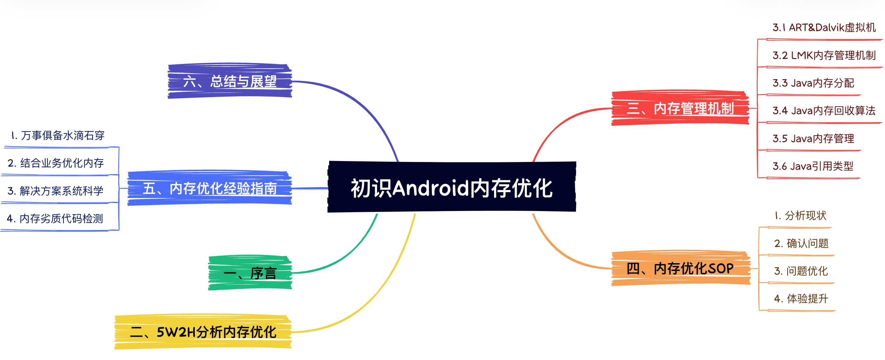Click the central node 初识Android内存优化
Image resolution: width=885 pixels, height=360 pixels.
(x=452, y=187)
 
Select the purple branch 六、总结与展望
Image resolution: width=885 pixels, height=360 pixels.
(x=229, y=81)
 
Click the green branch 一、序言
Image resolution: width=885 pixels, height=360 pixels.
(x=250, y=273)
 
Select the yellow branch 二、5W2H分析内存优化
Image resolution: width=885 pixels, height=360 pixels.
(x=203, y=332)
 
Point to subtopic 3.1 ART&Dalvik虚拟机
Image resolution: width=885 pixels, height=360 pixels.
(x=824, y=28)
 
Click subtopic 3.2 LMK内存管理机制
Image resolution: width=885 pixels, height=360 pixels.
(x=824, y=55)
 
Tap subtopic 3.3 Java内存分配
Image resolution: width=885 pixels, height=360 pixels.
(x=813, y=83)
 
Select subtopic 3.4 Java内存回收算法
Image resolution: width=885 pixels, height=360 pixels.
(x=824, y=110)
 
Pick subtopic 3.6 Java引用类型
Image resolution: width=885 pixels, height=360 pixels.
(x=813, y=166)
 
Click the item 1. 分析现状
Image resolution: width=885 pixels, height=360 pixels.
(x=801, y=215)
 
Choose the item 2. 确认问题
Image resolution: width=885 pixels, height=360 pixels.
(x=801, y=243)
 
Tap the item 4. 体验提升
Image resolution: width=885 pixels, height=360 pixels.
(x=801, y=299)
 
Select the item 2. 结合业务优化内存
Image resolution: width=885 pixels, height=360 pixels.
(x=56, y=163)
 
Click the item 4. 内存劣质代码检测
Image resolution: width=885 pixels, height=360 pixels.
(x=55, y=218)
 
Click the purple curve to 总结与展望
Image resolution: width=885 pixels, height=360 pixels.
(x=364, y=106)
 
